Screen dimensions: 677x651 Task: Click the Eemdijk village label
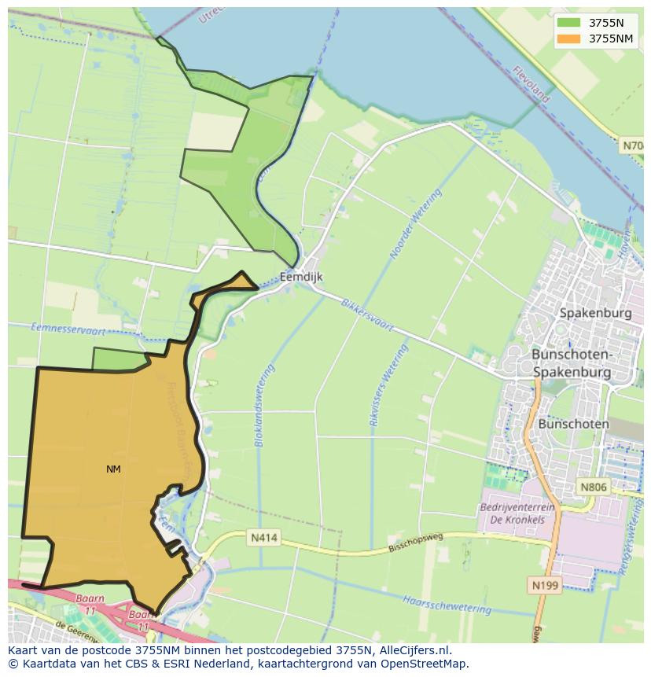pyautogui.click(x=301, y=277)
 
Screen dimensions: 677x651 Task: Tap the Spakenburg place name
pyautogui.click(x=595, y=313)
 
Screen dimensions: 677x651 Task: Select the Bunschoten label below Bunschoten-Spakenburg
pyautogui.click(x=574, y=424)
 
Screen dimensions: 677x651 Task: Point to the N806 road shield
pyautogui.click(x=594, y=488)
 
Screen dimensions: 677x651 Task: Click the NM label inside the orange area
pyautogui.click(x=113, y=469)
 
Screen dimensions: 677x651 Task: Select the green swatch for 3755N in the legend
pyautogui.click(x=568, y=23)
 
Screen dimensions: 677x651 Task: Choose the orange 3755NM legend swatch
pyautogui.click(x=568, y=39)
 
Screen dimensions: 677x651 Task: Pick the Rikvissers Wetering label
pyautogui.click(x=389, y=385)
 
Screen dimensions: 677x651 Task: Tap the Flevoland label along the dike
pyautogui.click(x=531, y=83)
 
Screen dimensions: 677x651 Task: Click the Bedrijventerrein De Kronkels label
pyautogui.click(x=517, y=513)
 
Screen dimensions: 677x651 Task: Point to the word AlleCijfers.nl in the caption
pyautogui.click(x=416, y=650)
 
